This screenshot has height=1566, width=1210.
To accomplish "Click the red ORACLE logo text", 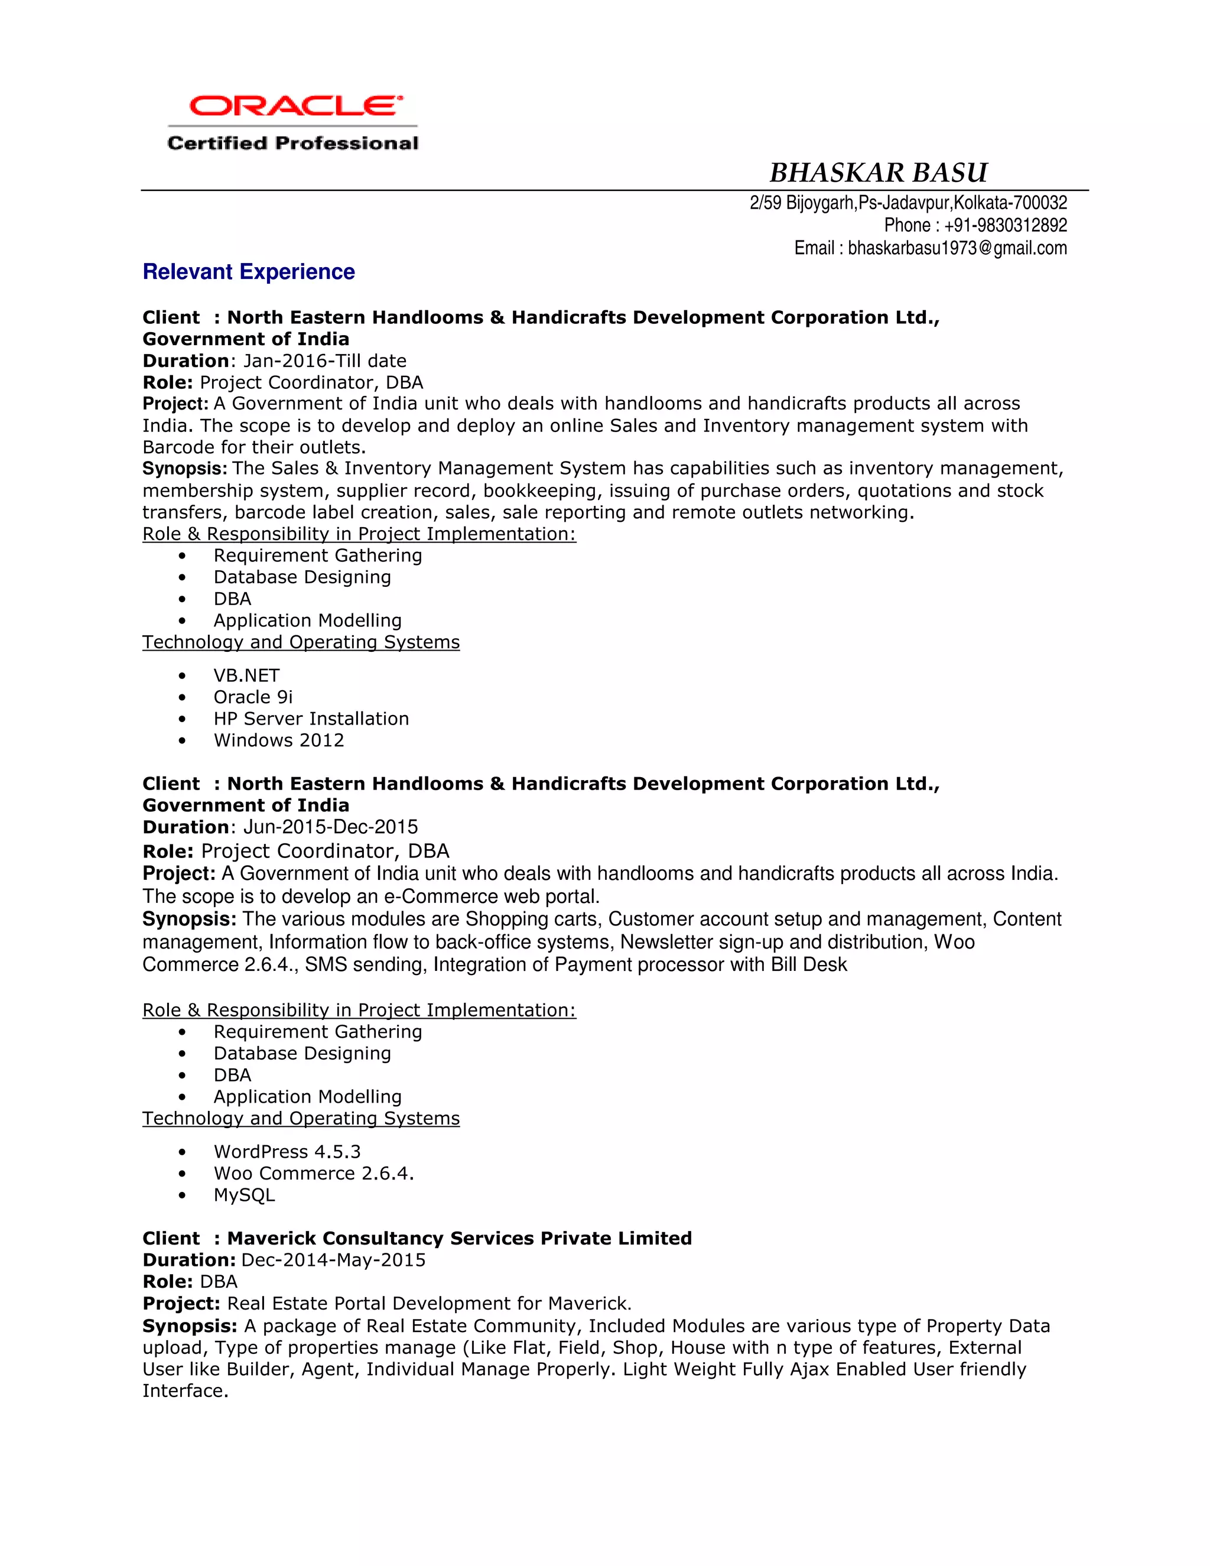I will pyautogui.click(x=295, y=106).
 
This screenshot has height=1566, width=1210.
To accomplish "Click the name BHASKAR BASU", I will pyautogui.click(x=878, y=173).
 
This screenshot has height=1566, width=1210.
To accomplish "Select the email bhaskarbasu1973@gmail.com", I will pyautogui.click(x=957, y=248).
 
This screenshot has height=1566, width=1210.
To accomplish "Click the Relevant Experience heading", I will pyautogui.click(x=249, y=272).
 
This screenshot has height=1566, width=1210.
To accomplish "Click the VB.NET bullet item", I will pyautogui.click(x=246, y=675).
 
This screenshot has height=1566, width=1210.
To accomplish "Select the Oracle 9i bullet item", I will pyautogui.click(x=252, y=697).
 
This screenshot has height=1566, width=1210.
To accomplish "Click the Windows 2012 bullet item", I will pyautogui.click(x=278, y=740).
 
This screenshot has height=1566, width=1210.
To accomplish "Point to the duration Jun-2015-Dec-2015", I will pyautogui.click(x=330, y=827).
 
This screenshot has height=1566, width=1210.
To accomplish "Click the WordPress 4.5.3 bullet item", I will pyautogui.click(x=287, y=1152).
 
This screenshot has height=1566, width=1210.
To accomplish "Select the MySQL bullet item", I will pyautogui.click(x=244, y=1194).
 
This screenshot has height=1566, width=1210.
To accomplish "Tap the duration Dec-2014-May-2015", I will pyautogui.click(x=333, y=1260).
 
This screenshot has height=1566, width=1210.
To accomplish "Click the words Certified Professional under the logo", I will pyautogui.click(x=292, y=144).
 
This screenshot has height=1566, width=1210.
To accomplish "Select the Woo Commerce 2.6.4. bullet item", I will pyautogui.click(x=313, y=1173).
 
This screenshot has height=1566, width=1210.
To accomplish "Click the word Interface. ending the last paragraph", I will pyautogui.click(x=185, y=1391).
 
